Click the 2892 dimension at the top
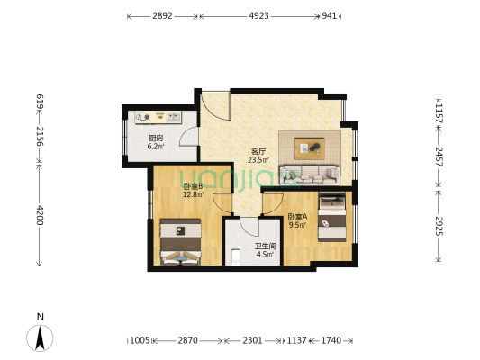tap(162, 15)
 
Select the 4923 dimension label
tap(258, 15)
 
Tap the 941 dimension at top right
tap(329, 15)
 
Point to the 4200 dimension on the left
tap(40, 215)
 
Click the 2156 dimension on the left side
tap(40, 136)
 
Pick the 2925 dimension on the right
tap(439, 226)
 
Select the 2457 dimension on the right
tap(439, 157)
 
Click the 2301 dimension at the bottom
tap(252, 340)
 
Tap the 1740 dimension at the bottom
tap(331, 340)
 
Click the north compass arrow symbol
tap(40, 337)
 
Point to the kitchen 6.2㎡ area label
tap(156, 146)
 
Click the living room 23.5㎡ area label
tap(258, 159)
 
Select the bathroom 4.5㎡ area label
tap(265, 254)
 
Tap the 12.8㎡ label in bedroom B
tap(193, 194)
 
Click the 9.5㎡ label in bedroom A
tap(298, 225)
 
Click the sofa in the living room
tap(310, 175)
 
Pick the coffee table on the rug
tap(310, 148)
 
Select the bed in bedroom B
tap(181, 241)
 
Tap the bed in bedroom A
tap(332, 217)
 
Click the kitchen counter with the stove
tap(158, 117)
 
